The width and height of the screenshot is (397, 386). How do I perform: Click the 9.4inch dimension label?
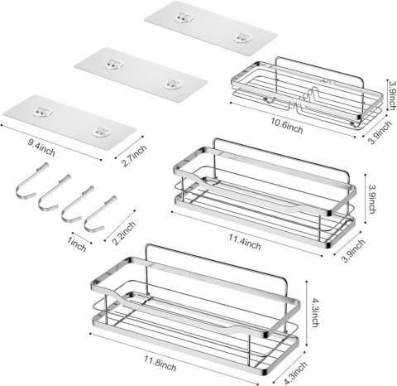tap(41, 147)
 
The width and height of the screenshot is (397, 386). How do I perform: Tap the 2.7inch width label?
tap(134, 156)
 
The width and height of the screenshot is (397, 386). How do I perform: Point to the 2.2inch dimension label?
tap(124, 233)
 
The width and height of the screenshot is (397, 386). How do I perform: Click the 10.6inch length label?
tap(286, 126)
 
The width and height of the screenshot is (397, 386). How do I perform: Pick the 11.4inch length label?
tap(245, 242)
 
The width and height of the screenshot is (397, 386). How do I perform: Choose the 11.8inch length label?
tap(160, 363)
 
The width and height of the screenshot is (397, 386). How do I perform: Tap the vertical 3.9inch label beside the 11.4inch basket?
tap(372, 199)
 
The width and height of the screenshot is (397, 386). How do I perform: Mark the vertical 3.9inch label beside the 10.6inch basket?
tap(392, 95)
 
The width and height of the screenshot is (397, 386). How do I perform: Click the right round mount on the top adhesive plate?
tap(242, 37)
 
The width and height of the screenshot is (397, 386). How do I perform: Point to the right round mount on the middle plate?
tap(173, 84)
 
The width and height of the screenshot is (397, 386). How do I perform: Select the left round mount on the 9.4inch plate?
tap(43, 112)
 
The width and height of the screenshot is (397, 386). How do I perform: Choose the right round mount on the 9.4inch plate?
tap(102, 132)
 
